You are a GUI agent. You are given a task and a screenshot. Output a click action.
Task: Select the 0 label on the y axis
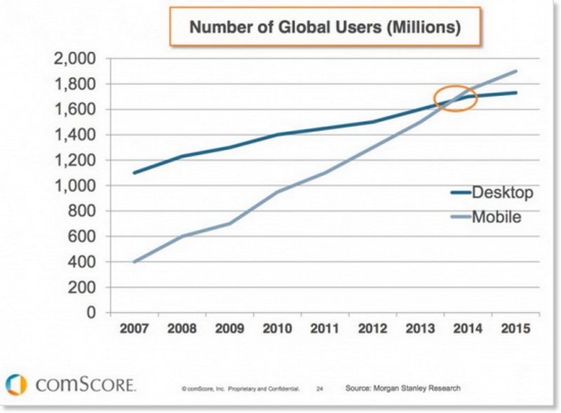[91, 313]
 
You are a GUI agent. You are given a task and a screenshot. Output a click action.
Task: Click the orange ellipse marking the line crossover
[455, 99]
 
